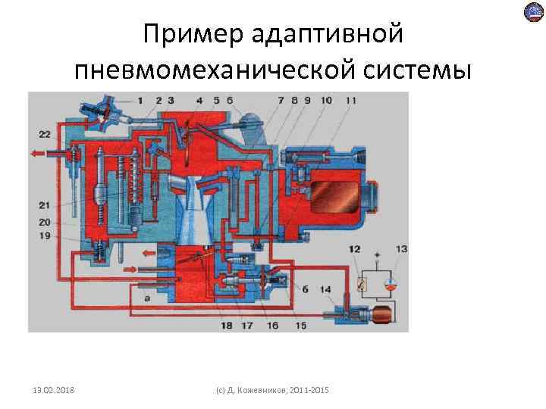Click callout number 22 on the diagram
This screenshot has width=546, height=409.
click(x=43, y=135)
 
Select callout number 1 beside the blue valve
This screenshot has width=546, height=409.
click(x=140, y=100)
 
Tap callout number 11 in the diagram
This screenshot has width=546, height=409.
click(x=350, y=100)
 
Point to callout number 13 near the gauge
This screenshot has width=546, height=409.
click(x=401, y=248)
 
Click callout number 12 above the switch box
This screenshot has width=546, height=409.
click(x=355, y=248)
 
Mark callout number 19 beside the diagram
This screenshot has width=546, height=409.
click(x=43, y=236)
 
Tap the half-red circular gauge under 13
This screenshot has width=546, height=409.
click(x=388, y=285)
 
